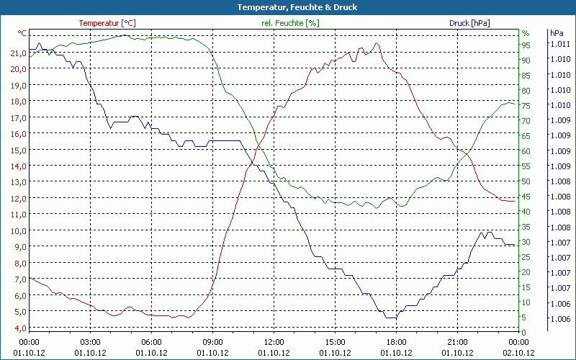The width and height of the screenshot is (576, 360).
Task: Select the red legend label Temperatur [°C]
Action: click(x=107, y=23)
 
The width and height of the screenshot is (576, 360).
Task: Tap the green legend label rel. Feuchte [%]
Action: click(x=289, y=23)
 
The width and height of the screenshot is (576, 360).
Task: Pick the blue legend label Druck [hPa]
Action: click(x=469, y=23)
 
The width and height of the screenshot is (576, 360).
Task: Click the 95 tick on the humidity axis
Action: click(x=526, y=45)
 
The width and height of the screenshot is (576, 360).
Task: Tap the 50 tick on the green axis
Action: click(x=526, y=181)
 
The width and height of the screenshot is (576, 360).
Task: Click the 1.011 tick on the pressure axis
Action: click(x=559, y=45)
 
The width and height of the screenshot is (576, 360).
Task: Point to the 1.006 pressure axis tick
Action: click(x=559, y=319)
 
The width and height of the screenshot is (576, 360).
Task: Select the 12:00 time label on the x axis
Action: click(x=274, y=343)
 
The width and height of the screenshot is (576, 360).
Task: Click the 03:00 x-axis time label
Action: click(x=91, y=343)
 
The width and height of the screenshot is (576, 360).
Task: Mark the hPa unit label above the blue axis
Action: click(x=557, y=33)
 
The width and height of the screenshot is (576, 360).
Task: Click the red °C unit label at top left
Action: click(x=22, y=33)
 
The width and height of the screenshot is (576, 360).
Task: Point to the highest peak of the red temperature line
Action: click(x=376, y=43)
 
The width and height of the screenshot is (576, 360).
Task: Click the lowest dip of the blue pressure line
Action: click(x=391, y=318)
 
